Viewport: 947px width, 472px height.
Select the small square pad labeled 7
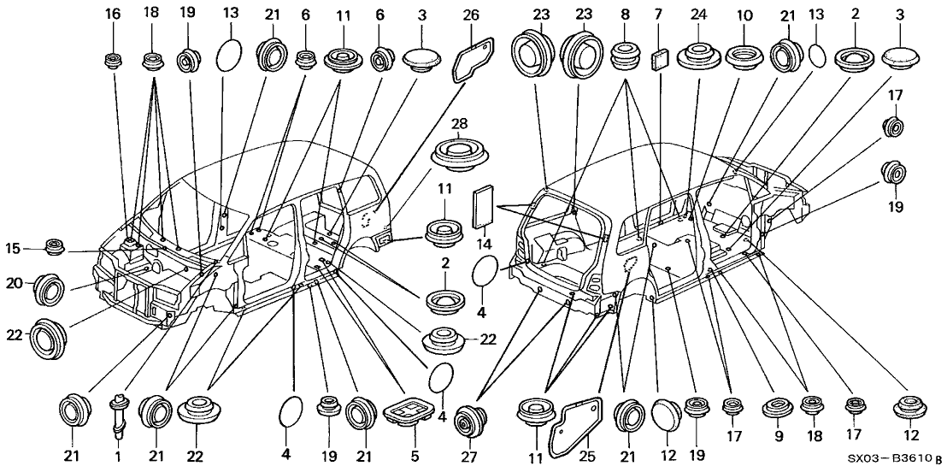pos(658,58)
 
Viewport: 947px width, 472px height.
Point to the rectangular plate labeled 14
pos(485,205)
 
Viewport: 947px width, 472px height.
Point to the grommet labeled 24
pos(698,56)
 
